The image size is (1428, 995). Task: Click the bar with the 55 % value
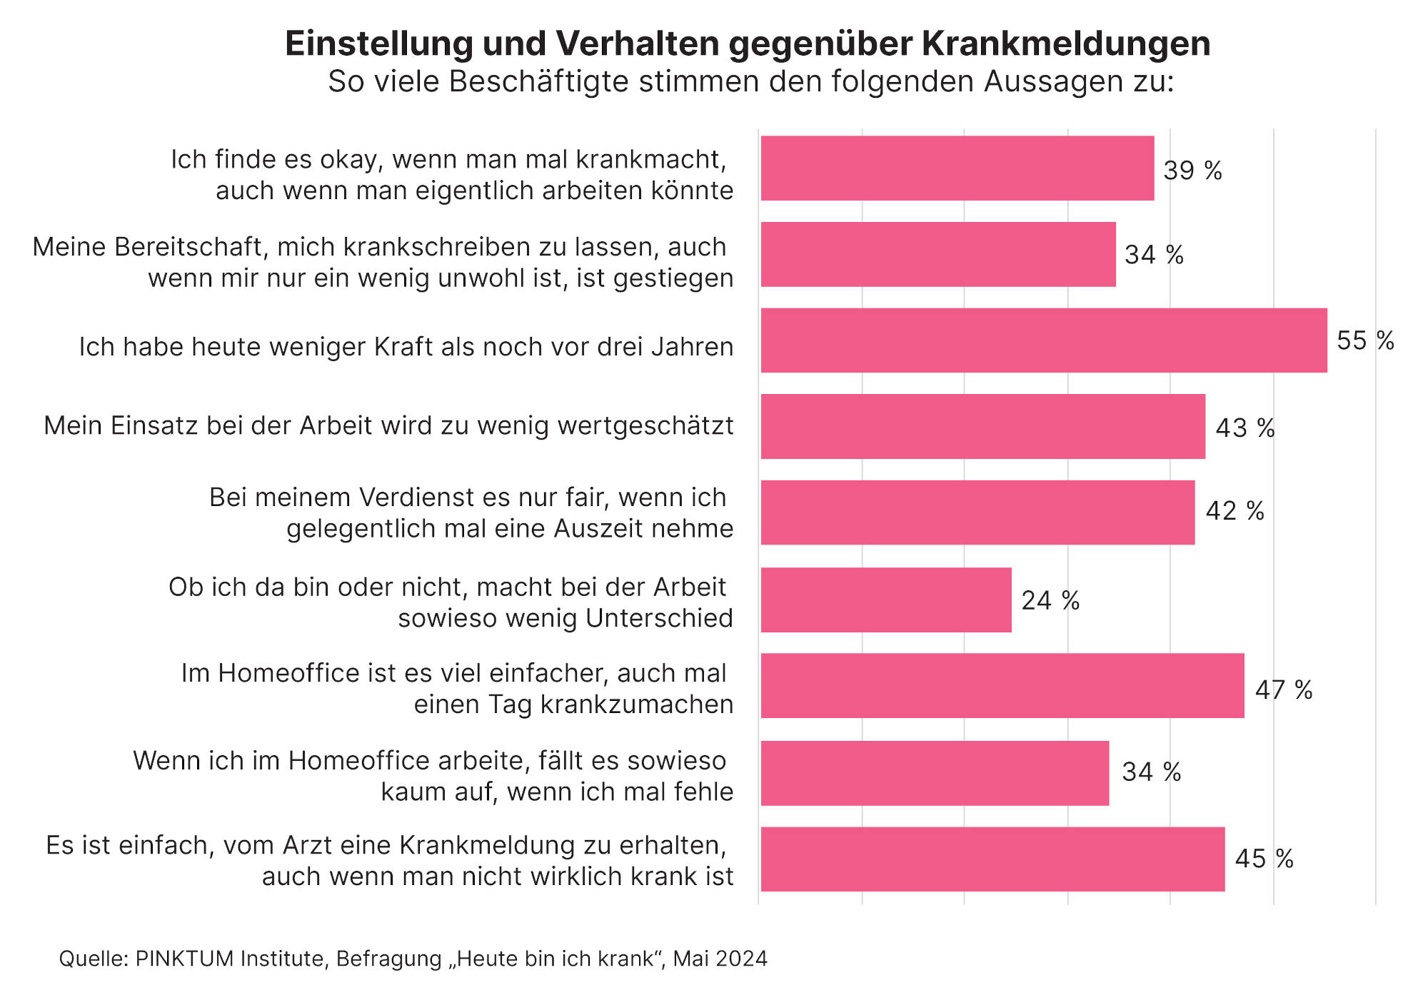click(1044, 340)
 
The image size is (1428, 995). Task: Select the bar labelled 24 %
click(886, 600)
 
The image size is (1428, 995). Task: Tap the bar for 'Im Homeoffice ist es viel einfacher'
click(1002, 686)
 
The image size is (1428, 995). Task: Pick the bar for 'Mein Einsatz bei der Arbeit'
click(983, 426)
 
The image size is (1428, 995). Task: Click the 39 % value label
click(1192, 171)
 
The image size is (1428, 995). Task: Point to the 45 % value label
click(1264, 859)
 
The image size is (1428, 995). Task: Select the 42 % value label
click(1235, 511)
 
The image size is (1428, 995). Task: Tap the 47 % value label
click(1284, 690)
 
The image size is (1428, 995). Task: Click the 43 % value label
click(1245, 428)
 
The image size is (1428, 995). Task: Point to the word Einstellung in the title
click(378, 44)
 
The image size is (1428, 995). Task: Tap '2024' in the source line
click(742, 959)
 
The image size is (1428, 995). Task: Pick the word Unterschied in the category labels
click(659, 618)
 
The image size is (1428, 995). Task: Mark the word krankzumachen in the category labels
click(637, 704)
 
